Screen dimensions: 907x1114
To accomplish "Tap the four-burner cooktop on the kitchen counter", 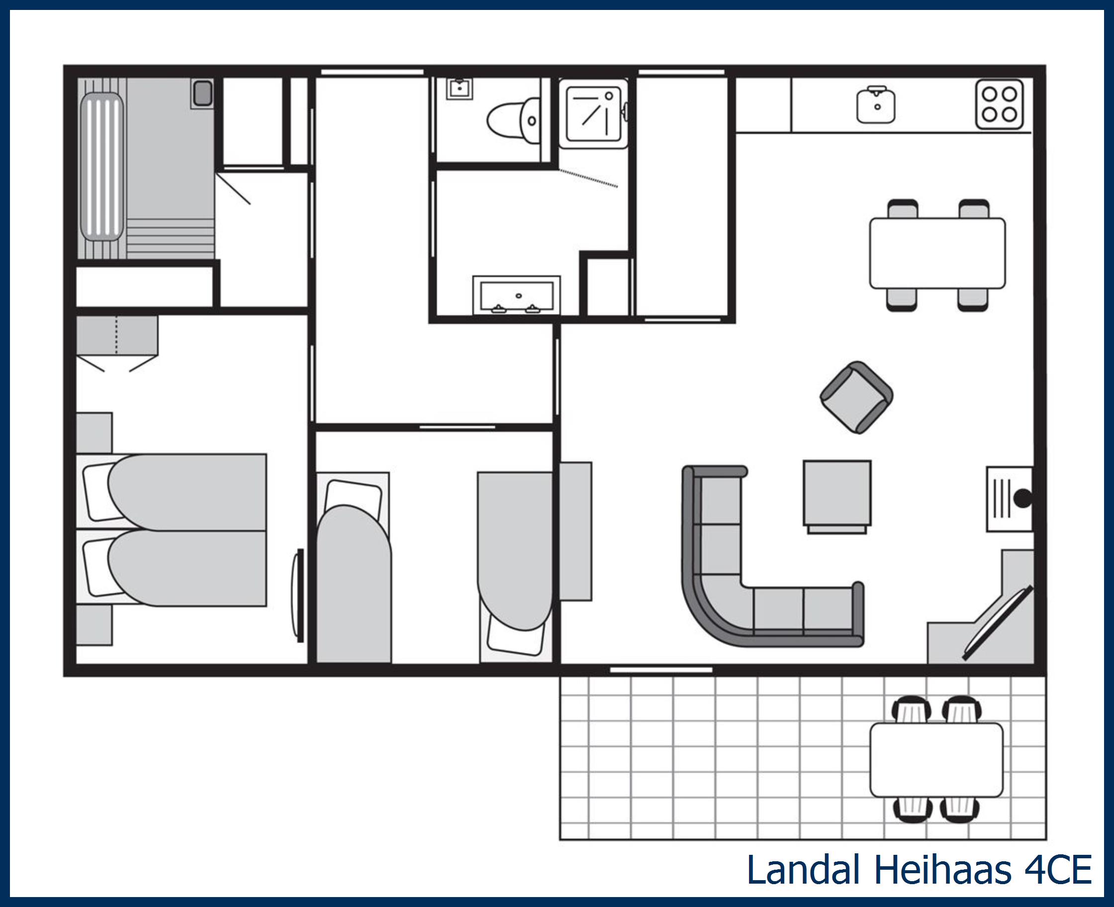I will pyautogui.click(x=999, y=104).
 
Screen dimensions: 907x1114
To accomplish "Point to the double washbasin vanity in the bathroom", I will pyautogui.click(x=517, y=296).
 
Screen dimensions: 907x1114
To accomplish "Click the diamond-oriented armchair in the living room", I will pyautogui.click(x=856, y=398).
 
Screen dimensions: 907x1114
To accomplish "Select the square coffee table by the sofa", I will pyautogui.click(x=837, y=494).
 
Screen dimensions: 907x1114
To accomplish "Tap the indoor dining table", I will pyautogui.click(x=937, y=253).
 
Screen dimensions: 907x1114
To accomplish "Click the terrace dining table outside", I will pyautogui.click(x=936, y=760).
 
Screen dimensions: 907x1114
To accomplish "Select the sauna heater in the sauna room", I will pyautogui.click(x=202, y=93).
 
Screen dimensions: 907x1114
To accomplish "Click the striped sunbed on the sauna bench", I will pyautogui.click(x=102, y=166).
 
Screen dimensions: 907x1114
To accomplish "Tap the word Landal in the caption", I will pyautogui.click(x=803, y=870).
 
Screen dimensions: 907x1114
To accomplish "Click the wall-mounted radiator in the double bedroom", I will pyautogui.click(x=299, y=595).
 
